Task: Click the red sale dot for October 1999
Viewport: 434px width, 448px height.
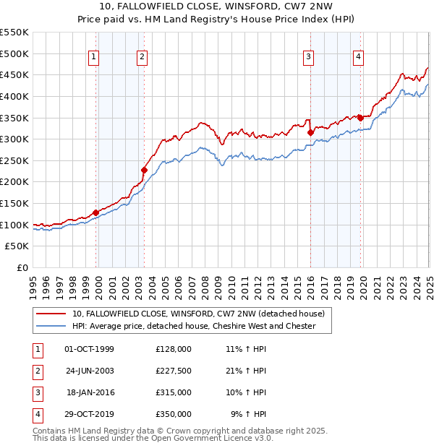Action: [95, 212]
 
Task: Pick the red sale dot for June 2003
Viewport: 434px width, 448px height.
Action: [144, 170]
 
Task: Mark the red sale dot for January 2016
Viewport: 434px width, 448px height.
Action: [310, 132]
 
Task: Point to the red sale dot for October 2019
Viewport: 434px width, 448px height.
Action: [360, 118]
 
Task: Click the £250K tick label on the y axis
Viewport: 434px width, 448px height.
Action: [14, 160]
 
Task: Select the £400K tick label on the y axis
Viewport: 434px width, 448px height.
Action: [14, 96]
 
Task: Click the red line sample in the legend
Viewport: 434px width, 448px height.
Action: [51, 314]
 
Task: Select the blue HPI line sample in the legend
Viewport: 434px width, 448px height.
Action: [51, 327]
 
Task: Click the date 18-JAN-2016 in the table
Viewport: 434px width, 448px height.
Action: [90, 393]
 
